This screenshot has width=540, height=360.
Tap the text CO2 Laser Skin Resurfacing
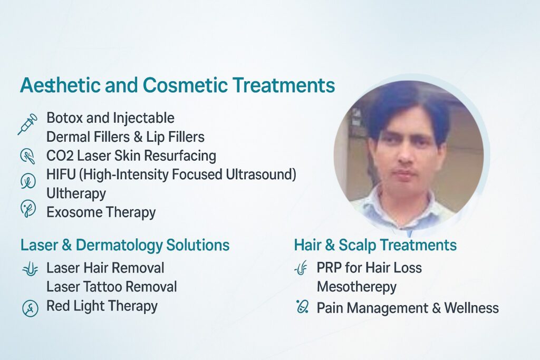[x=131, y=156]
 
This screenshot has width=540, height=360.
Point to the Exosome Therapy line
[x=101, y=212]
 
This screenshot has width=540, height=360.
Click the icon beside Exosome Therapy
[x=27, y=209]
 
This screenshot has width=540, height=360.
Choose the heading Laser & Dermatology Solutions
[x=125, y=245]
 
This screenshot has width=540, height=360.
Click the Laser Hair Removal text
[x=105, y=268]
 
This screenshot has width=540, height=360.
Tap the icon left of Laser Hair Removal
[x=29, y=269]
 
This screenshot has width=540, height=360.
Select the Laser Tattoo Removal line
[x=111, y=287]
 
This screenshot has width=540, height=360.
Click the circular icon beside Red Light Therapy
[x=30, y=308]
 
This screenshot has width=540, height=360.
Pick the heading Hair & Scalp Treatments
[x=375, y=245]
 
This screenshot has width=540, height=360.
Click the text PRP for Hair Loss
[x=369, y=268]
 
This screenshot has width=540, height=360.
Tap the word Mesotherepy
[x=356, y=287]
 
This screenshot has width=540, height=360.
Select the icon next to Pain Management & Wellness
[x=302, y=306]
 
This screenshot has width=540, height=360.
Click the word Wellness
[x=471, y=308]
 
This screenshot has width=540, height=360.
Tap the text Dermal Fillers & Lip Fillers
[x=126, y=137]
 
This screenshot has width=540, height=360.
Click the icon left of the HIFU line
[x=27, y=180]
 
